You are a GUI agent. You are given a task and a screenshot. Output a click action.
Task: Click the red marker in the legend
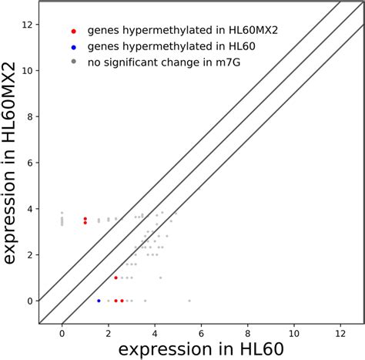pos(73,32)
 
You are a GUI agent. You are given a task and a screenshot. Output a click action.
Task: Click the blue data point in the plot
pos(99,301)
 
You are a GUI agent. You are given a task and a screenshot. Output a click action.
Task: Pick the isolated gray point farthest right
pos(189,301)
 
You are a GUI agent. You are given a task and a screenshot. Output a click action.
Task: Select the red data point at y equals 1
pos(116,278)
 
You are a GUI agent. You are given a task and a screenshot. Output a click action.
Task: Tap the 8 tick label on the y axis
pos(28,116)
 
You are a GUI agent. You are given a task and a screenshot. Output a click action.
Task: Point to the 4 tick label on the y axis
pos(28,209)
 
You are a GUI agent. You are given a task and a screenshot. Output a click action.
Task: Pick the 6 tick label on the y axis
pos(28,163)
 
